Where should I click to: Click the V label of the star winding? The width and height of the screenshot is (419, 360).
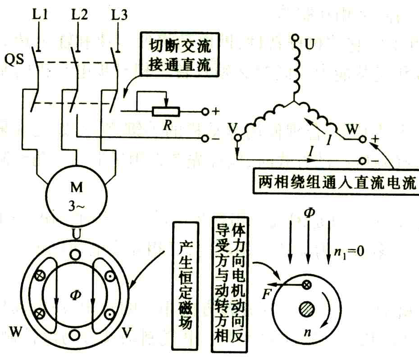pos(233,128)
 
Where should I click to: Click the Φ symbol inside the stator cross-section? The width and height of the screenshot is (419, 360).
pos(75,296)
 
